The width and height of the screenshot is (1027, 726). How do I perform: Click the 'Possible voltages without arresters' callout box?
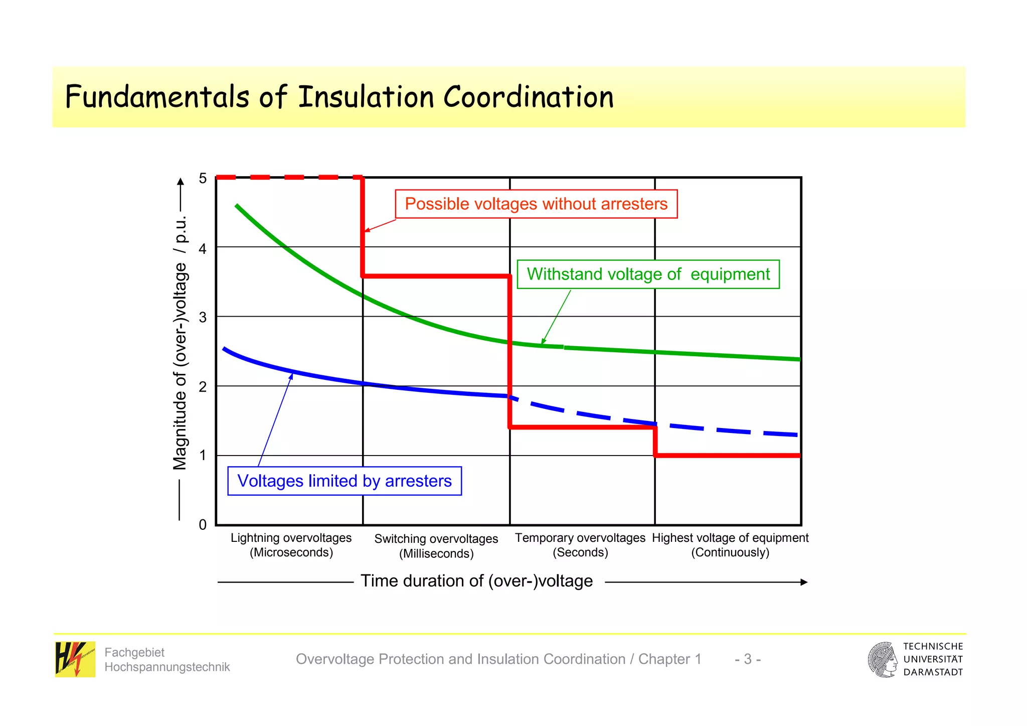tap(536, 204)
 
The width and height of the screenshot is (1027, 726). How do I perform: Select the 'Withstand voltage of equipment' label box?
tap(648, 274)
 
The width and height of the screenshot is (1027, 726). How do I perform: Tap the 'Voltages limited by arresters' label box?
tap(345, 481)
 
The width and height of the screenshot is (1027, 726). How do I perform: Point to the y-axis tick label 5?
tap(203, 179)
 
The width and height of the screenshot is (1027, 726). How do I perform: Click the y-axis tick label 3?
tap(203, 317)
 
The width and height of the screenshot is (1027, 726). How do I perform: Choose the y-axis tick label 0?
tap(203, 525)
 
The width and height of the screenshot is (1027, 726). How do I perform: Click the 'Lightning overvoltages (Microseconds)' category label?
tap(291, 545)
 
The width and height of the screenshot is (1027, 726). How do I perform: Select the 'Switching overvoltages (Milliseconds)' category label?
tap(436, 546)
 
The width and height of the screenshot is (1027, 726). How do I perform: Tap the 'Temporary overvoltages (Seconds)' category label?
tap(580, 545)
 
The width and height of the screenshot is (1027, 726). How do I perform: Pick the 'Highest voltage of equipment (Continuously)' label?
tap(730, 545)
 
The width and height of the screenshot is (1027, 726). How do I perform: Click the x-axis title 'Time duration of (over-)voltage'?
tap(476, 581)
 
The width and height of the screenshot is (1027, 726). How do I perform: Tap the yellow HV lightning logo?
tap(75, 659)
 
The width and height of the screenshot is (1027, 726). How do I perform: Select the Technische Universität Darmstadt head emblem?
tap(883, 659)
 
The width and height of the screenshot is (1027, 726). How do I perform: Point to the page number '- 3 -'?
tap(748, 659)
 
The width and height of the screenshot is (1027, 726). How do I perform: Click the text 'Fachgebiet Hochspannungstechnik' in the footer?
tap(166, 660)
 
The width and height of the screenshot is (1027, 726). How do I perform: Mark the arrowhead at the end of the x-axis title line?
tap(804, 583)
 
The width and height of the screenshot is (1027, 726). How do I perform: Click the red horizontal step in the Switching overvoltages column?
tap(436, 276)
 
